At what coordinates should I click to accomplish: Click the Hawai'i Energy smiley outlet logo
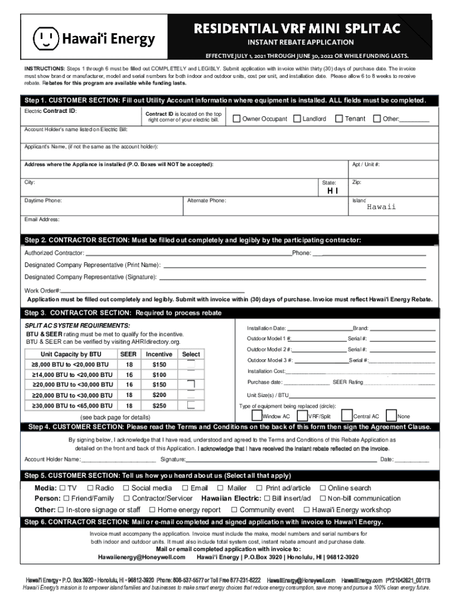click(46, 39)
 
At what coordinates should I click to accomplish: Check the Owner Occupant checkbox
click(237, 119)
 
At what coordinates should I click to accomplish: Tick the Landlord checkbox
click(297, 119)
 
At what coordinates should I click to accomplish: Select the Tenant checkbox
click(339, 119)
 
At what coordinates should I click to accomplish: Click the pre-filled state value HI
click(333, 191)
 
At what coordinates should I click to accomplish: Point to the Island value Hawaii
click(381, 207)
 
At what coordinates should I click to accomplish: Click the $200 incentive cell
click(159, 395)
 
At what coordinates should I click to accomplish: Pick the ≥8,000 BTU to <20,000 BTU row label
click(70, 365)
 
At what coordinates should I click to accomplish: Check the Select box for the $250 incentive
click(191, 406)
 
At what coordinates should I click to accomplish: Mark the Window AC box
click(256, 416)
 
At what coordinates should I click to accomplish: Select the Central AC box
click(347, 416)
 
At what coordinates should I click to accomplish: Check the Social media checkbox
click(126, 488)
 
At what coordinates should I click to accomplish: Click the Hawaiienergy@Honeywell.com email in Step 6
click(142, 557)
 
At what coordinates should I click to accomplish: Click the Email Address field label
click(42, 220)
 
